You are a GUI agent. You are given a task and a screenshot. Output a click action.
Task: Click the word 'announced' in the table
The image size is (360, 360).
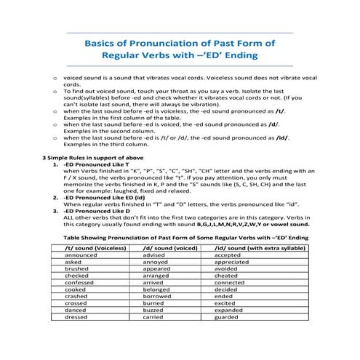(x=81, y=255)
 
